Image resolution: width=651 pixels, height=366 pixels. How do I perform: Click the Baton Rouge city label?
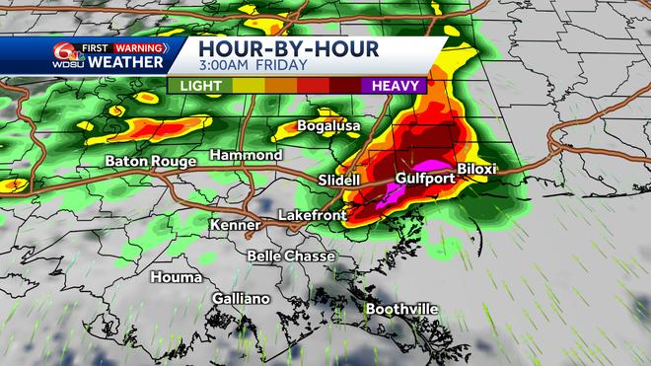pyautogui.click(x=150, y=161)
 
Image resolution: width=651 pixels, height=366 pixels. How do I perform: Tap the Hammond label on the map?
pyautogui.click(x=248, y=156)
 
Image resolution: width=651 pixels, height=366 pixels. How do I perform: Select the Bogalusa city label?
pyautogui.click(x=330, y=127)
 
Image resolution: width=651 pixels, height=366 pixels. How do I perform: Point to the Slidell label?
pyautogui.click(x=341, y=181)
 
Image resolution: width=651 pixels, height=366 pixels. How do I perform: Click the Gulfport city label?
pyautogui.click(x=425, y=179)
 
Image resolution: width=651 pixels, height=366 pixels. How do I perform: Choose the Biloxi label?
pyautogui.click(x=478, y=169)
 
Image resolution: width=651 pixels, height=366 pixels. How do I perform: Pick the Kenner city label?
pyautogui.click(x=234, y=226)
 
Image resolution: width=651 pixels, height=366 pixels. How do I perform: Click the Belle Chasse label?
pyautogui.click(x=291, y=256)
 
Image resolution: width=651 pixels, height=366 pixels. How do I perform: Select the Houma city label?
pyautogui.click(x=176, y=277)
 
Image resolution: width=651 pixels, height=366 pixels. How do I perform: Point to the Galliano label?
pyautogui.click(x=241, y=298)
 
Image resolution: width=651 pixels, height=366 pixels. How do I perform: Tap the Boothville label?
pyautogui.click(x=401, y=309)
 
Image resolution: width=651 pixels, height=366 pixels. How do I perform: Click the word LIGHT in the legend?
pyautogui.click(x=200, y=87)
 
